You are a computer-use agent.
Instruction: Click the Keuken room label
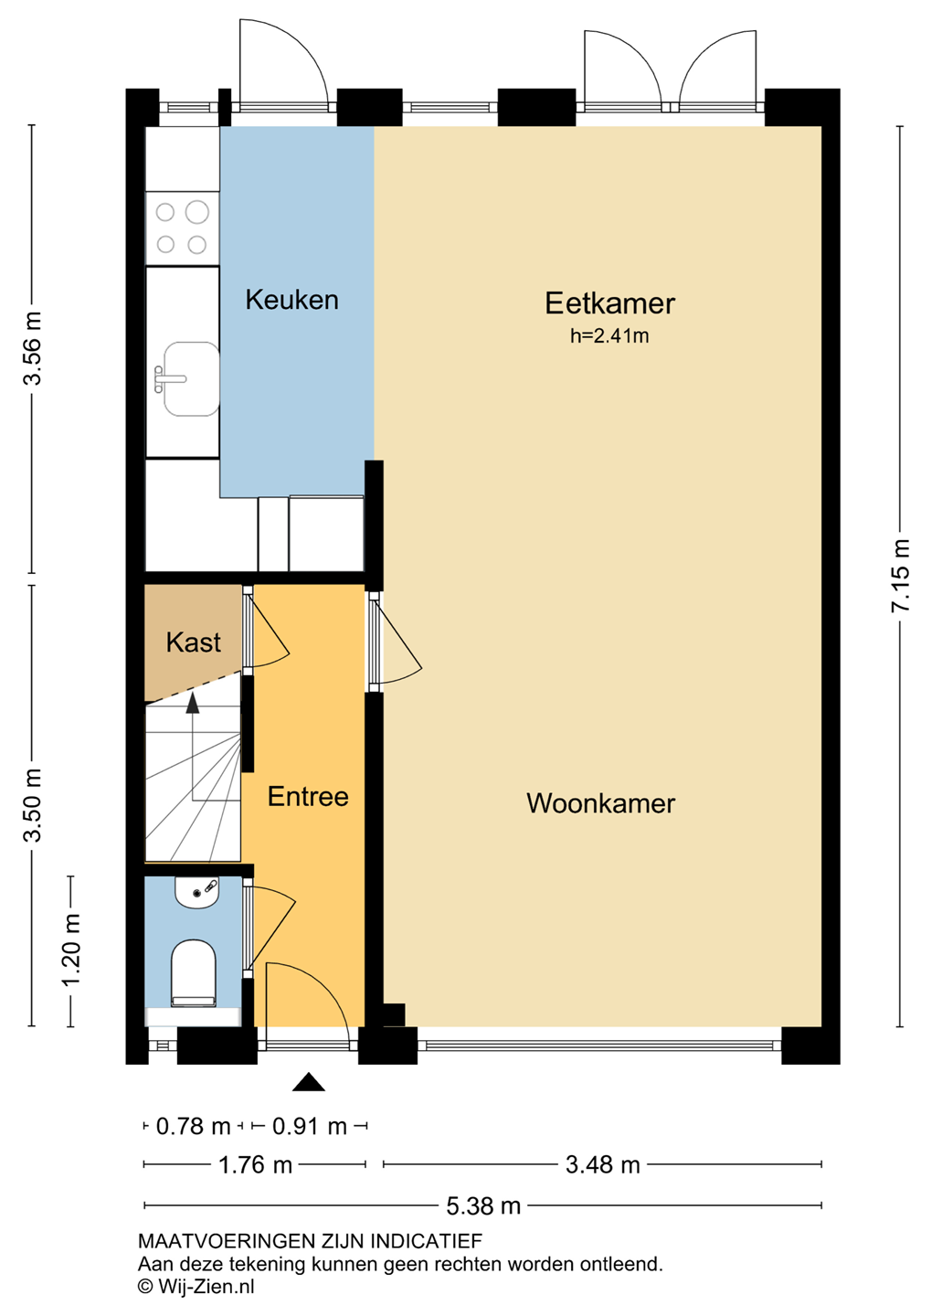point(292,300)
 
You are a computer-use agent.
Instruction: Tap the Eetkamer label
point(609,303)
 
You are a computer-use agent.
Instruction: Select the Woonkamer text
point(600,803)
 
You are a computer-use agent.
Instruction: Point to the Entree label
point(308,797)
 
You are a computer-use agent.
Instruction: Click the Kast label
point(194,642)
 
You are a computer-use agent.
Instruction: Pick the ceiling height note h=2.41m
point(609,336)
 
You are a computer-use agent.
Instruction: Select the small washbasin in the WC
point(196,893)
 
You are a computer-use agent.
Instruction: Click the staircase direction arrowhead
point(192,704)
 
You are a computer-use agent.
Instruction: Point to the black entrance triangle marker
point(309,1082)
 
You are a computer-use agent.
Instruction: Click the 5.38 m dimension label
point(483,1206)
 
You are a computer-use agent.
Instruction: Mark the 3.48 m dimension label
point(603,1164)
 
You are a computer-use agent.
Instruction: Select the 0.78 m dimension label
point(194,1127)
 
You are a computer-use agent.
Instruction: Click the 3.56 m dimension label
point(32,349)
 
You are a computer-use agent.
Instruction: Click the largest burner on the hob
point(196,212)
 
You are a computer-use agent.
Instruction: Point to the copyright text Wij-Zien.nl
point(196,1287)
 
